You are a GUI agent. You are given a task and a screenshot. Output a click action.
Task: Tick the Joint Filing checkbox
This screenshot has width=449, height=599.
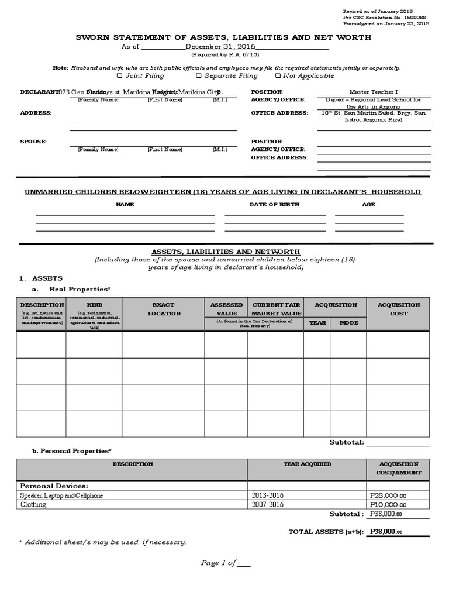[120, 76]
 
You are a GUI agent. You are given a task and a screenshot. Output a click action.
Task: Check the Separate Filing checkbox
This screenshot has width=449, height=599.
[199, 76]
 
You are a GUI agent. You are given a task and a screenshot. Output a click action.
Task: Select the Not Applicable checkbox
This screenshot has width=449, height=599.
[278, 76]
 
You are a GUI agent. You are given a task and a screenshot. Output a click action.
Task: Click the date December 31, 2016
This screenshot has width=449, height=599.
[220, 47]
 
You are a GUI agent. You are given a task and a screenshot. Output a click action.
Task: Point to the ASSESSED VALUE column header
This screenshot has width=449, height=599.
[226, 309]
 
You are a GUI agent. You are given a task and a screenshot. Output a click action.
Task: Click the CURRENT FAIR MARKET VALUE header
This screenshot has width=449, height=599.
[275, 309]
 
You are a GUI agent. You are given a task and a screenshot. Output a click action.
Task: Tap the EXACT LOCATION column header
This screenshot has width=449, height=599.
[163, 309]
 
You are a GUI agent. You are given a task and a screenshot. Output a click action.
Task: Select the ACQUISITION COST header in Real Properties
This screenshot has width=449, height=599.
[399, 309]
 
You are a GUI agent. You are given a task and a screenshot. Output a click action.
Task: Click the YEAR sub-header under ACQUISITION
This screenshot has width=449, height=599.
[317, 322]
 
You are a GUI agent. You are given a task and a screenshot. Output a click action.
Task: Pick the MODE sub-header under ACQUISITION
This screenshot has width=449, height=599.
[348, 322]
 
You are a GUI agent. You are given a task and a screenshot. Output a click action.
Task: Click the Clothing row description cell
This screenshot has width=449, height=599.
[33, 504]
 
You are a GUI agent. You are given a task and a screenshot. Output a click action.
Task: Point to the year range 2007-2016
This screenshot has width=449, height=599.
[268, 504]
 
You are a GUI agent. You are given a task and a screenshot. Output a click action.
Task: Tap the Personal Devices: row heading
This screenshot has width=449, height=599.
[54, 486]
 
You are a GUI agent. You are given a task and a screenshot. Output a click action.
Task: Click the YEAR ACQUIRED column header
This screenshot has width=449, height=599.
[307, 464]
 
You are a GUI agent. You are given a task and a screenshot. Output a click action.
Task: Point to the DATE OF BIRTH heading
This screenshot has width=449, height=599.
[274, 205]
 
